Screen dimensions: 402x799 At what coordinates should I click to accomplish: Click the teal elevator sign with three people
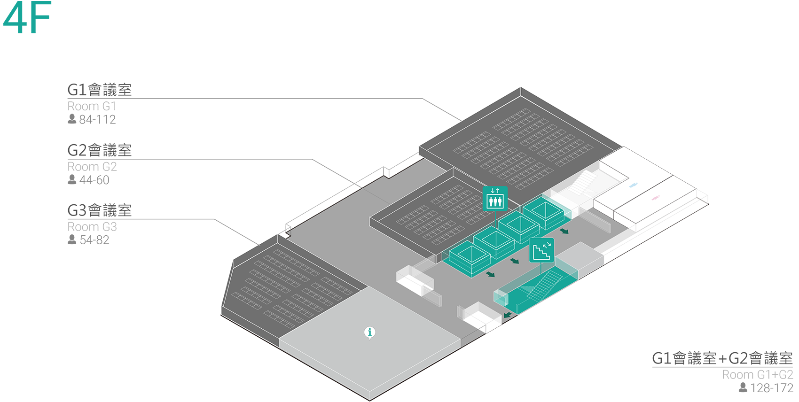click(495, 198)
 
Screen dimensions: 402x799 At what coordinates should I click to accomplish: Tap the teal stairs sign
click(541, 250)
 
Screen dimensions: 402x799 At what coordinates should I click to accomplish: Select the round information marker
click(370, 332)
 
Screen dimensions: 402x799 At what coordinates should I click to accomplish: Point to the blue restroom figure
click(633, 186)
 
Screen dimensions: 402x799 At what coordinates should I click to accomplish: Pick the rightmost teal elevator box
click(543, 213)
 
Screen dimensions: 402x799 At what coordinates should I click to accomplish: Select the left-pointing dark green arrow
click(507, 315)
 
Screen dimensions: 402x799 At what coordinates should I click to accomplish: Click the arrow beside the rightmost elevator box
click(564, 231)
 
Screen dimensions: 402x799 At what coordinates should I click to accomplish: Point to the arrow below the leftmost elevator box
click(491, 274)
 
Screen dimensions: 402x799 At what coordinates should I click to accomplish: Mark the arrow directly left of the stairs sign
click(515, 261)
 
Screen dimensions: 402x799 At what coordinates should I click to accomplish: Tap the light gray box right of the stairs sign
click(579, 256)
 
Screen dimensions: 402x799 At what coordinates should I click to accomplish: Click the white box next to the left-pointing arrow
click(479, 315)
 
